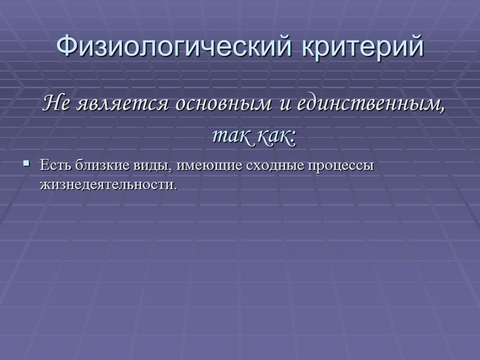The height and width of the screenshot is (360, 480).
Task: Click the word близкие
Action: click(95, 165)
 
